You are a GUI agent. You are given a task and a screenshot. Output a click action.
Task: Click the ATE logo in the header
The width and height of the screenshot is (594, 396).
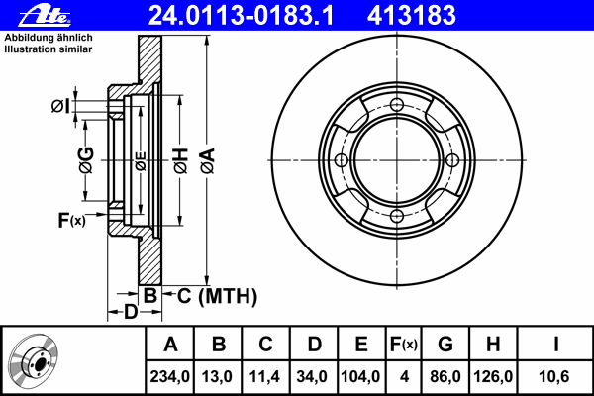click(45, 16)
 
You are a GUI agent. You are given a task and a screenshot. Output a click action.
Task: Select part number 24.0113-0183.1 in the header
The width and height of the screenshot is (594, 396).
click(242, 15)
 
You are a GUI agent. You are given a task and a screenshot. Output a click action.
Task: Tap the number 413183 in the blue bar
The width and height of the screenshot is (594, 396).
click(412, 15)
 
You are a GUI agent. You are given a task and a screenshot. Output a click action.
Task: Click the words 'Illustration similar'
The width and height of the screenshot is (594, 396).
click(49, 49)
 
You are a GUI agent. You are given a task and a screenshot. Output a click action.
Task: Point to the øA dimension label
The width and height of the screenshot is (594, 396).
click(208, 160)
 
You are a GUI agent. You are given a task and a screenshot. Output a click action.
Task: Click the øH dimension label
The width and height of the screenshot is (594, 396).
click(181, 160)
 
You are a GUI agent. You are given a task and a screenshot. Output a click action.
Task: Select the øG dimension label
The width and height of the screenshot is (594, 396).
click(86, 160)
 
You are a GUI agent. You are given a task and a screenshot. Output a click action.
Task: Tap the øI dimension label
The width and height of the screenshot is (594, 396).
click(60, 106)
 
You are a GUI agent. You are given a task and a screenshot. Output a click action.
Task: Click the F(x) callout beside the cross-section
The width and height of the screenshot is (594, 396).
click(71, 220)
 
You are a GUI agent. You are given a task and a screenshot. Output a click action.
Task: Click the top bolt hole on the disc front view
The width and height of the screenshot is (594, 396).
click(397, 105)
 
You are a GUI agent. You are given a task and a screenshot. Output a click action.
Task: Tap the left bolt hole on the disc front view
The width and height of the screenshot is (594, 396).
click(342, 160)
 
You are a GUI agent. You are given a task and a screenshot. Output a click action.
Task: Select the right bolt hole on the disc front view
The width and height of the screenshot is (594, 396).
click(452, 160)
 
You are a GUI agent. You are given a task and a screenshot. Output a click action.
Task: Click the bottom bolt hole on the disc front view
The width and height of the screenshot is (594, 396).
click(397, 216)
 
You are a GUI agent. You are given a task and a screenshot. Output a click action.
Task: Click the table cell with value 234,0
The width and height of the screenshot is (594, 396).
click(169, 376)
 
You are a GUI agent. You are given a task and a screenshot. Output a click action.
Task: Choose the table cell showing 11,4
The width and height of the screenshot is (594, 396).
click(264, 376)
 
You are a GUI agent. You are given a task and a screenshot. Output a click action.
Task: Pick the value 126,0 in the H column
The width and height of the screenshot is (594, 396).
click(493, 376)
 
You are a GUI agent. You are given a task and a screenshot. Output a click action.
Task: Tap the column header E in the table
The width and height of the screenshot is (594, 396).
click(361, 345)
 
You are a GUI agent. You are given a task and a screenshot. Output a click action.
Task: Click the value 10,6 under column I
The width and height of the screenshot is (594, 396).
click(553, 376)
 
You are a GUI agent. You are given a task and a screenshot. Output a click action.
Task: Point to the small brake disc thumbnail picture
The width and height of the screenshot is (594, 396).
click(34, 361)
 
